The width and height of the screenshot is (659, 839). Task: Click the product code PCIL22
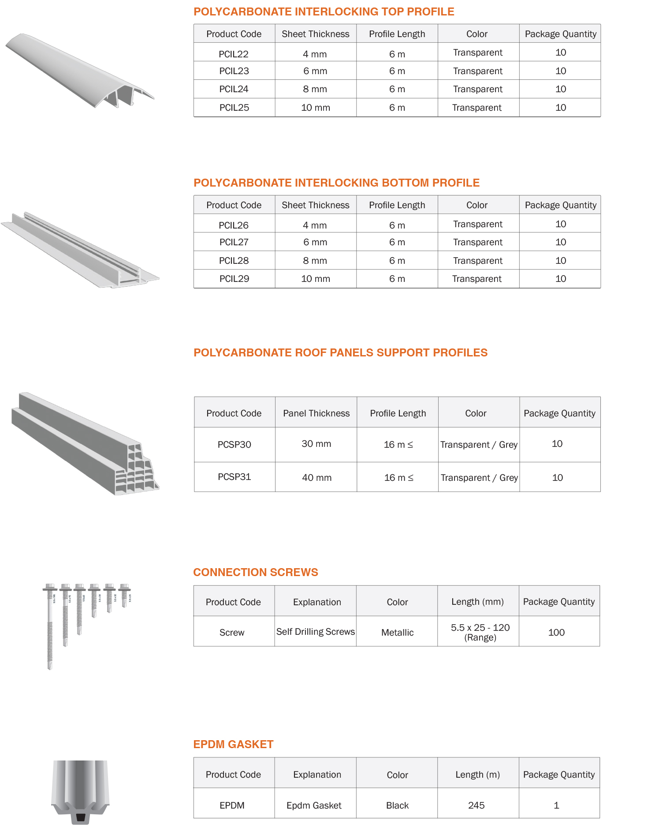click(x=234, y=54)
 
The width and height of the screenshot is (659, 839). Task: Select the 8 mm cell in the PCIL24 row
click(x=315, y=89)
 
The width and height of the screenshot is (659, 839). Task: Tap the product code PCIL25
click(x=234, y=108)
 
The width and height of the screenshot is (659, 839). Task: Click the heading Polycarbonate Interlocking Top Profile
click(x=324, y=12)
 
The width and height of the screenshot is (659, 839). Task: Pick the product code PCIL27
click(x=234, y=242)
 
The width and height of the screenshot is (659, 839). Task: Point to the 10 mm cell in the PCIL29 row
click(x=316, y=279)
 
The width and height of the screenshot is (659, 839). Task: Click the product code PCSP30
click(x=234, y=445)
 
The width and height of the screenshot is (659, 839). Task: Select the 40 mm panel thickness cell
click(x=316, y=478)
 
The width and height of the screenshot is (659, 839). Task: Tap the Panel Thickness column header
click(x=316, y=413)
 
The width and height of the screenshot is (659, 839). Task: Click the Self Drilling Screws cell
click(x=316, y=632)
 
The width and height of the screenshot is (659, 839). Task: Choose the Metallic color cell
click(x=397, y=633)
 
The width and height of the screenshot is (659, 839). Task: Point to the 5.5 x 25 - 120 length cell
click(x=480, y=632)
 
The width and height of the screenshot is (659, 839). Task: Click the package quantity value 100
click(x=556, y=633)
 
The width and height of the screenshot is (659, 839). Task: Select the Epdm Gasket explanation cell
click(x=314, y=805)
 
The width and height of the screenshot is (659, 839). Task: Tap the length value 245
click(x=476, y=805)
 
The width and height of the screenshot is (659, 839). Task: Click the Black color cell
click(x=397, y=805)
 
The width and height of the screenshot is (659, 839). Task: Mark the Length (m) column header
click(x=477, y=775)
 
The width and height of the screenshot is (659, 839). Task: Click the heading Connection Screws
click(x=256, y=573)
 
